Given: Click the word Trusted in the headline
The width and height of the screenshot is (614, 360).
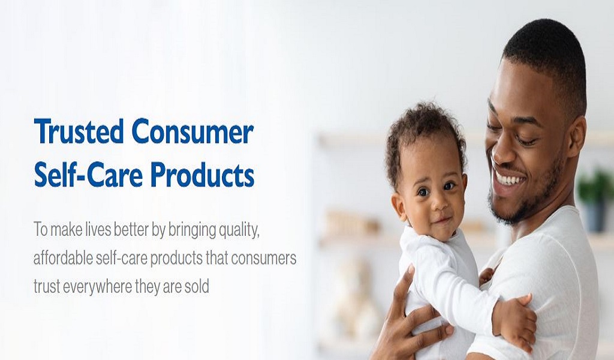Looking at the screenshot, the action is (79, 131).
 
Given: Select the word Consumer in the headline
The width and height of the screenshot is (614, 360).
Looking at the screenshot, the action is (192, 131).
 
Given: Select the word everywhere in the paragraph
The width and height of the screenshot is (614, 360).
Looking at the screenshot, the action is (97, 287).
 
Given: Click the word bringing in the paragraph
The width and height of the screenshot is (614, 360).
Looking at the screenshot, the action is (191, 231).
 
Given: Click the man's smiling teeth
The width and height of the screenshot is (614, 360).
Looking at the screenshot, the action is (509, 180).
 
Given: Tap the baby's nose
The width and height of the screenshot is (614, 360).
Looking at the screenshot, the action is (437, 203).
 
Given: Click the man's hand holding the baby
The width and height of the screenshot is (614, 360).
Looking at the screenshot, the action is (411, 317).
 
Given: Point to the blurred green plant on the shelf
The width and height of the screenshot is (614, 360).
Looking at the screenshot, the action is (595, 187).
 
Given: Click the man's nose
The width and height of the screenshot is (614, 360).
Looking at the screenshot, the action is (494, 148).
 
